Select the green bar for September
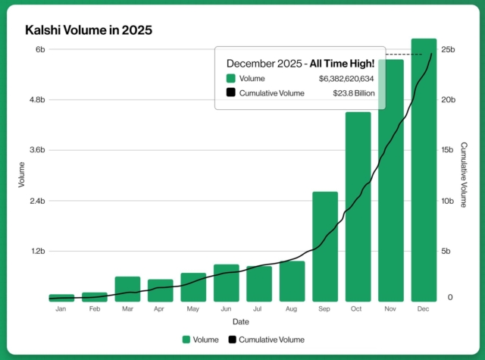click(x=325, y=246)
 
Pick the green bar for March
click(x=127, y=289)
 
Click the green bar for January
click(x=61, y=298)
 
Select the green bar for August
click(x=292, y=281)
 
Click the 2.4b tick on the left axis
click(x=36, y=201)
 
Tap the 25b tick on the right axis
click(x=448, y=50)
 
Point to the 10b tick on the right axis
click(x=448, y=201)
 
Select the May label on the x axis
click(x=193, y=310)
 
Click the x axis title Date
click(x=242, y=321)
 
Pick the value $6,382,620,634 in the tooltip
click(x=346, y=78)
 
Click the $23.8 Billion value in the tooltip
click(x=354, y=93)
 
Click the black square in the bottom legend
click(x=233, y=340)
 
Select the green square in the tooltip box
click(x=230, y=78)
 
